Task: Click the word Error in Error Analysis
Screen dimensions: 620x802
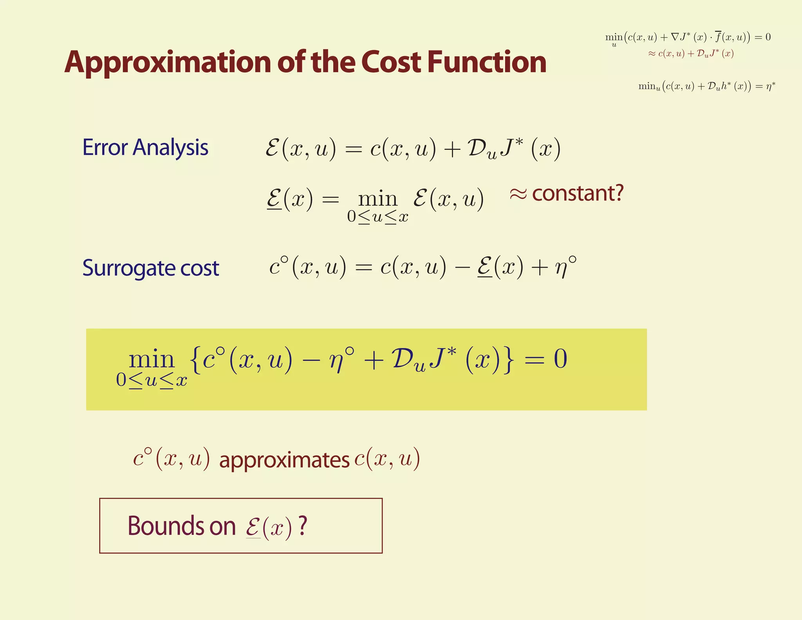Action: (x=105, y=148)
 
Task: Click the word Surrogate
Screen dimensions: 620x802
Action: (x=128, y=268)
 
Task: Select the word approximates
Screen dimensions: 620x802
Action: (x=284, y=460)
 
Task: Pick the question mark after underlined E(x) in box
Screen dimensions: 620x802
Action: (x=302, y=526)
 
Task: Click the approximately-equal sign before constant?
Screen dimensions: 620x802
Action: (x=518, y=194)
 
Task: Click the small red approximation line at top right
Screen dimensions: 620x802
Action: (x=691, y=54)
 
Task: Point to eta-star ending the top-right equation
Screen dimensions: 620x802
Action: (x=770, y=86)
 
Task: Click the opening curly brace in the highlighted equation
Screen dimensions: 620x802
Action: (x=195, y=359)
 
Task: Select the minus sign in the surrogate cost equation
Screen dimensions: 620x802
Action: (x=462, y=268)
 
